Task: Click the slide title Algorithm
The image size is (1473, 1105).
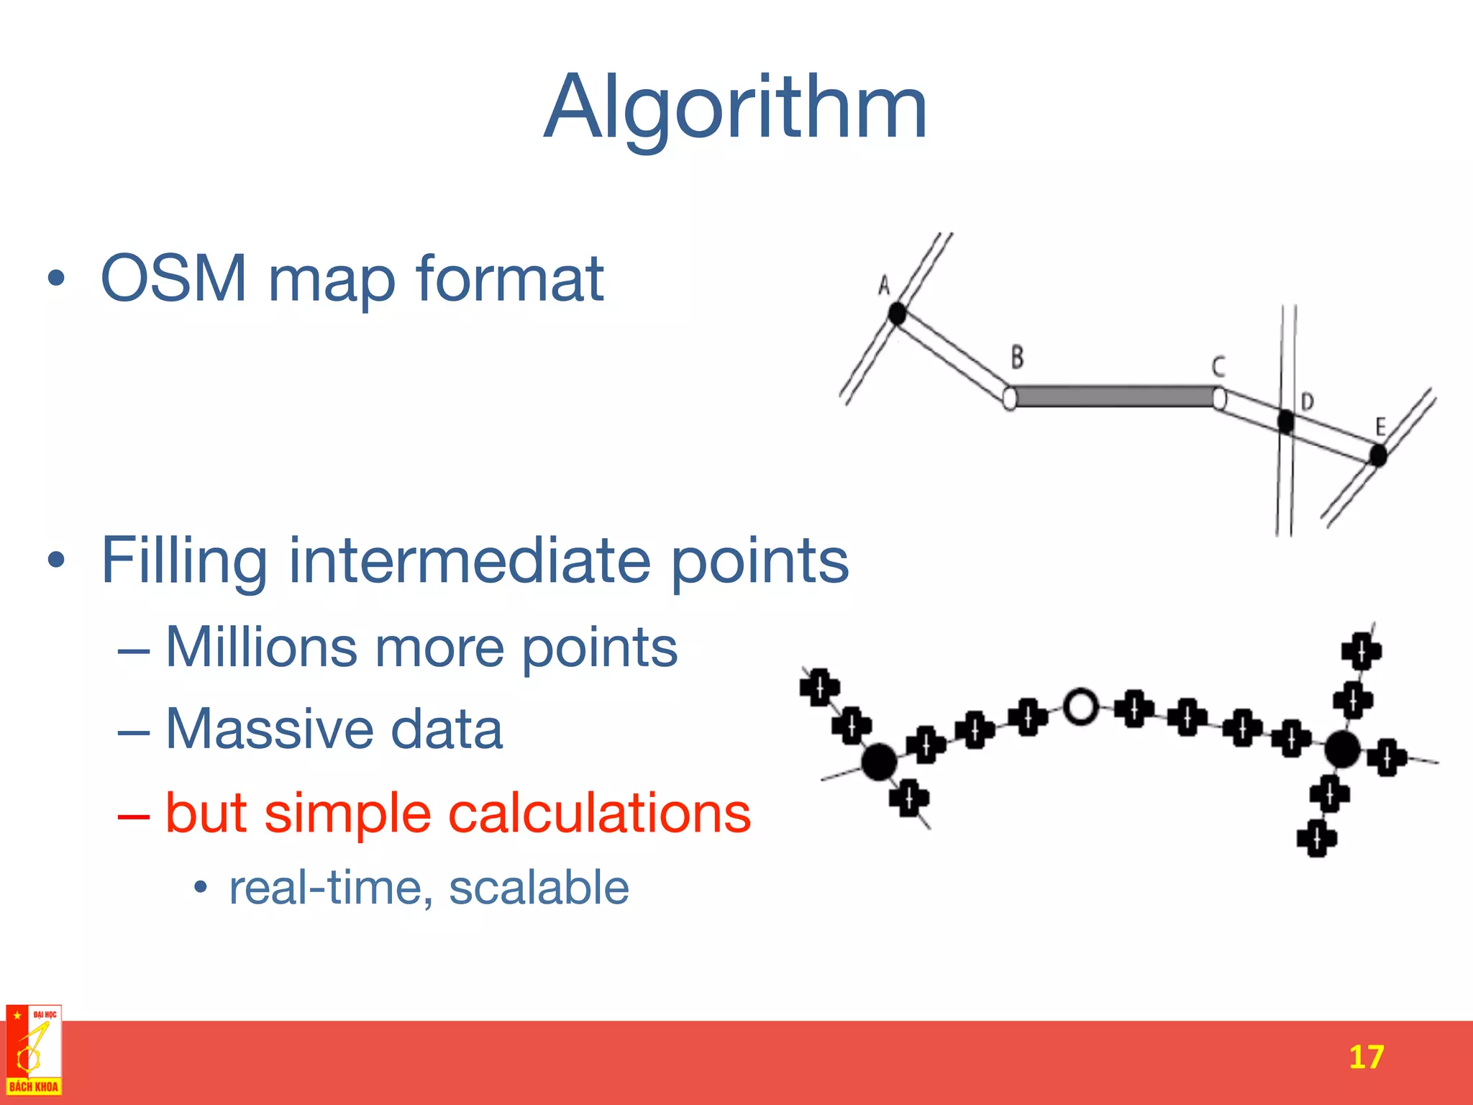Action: tap(735, 108)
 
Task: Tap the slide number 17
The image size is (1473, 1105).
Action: tap(1365, 1057)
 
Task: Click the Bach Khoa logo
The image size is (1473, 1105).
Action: tap(34, 1050)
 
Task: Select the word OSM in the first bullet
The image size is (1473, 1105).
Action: tap(173, 278)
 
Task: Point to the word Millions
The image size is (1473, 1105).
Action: tap(261, 647)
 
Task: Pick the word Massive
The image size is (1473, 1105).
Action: tap(268, 729)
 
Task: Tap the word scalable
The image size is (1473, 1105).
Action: tap(539, 887)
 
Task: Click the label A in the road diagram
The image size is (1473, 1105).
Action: tap(884, 286)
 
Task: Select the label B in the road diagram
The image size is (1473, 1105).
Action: tap(1017, 357)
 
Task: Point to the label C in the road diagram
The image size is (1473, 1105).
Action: tap(1218, 366)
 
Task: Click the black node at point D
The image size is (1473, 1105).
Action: tap(1286, 421)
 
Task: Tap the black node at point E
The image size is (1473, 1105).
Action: tap(1377, 455)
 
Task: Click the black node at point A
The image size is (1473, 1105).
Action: tap(897, 314)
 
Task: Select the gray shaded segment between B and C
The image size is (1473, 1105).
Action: tap(1114, 396)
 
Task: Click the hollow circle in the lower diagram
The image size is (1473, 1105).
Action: tap(1080, 706)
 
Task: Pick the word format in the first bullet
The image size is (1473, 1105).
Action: tap(509, 278)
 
